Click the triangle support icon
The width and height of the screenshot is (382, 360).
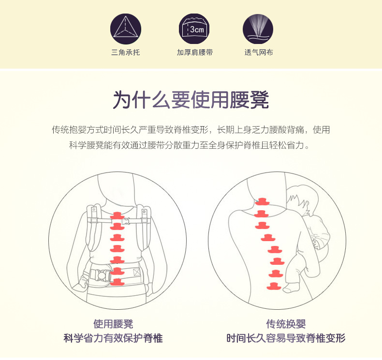pyautogui.click(x=125, y=29)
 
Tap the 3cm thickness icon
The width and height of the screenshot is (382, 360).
pyautogui.click(x=194, y=29)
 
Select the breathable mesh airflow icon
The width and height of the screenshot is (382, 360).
pyautogui.click(x=258, y=29)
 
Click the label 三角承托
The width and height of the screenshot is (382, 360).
pyautogui.click(x=125, y=52)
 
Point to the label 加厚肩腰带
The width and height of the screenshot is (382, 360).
pyautogui.click(x=195, y=52)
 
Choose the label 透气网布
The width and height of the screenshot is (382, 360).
pyautogui.click(x=259, y=52)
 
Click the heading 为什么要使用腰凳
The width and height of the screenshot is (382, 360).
pyautogui.click(x=191, y=100)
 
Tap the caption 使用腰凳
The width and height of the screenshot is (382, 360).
pyautogui.click(x=113, y=324)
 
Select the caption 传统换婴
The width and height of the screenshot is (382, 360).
pyautogui.click(x=286, y=324)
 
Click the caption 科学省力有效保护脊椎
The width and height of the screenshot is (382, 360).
pyautogui.click(x=113, y=338)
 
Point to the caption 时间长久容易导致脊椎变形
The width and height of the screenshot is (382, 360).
pyautogui.click(x=286, y=338)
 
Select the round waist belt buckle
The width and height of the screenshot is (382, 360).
pyautogui.click(x=101, y=275)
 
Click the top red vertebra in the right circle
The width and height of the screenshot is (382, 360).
pyautogui.click(x=262, y=202)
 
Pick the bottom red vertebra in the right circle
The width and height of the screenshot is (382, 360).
pyautogui.click(x=274, y=286)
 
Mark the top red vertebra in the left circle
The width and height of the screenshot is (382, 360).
pyautogui.click(x=118, y=216)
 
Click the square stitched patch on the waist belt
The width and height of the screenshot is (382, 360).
pyautogui.click(x=137, y=272)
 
